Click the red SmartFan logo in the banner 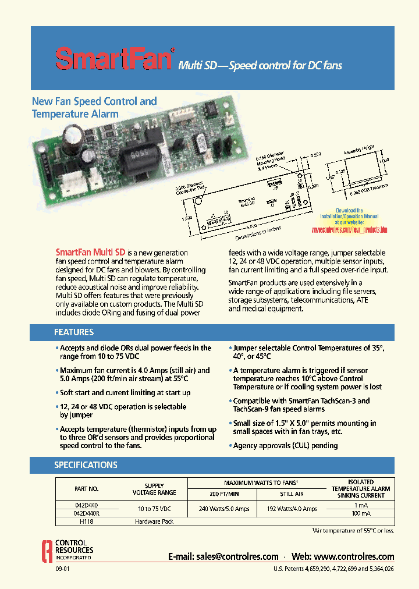(x=114, y=59)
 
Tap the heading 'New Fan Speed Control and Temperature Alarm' (x=94, y=108)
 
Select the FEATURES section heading (x=74, y=332)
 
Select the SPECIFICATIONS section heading (x=86, y=465)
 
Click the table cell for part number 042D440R (x=87, y=513)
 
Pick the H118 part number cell (x=87, y=522)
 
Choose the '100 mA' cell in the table (x=361, y=513)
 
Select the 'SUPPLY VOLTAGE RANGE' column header (x=154, y=489)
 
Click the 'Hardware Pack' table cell (x=154, y=522)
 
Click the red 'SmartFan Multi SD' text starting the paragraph (x=90, y=253)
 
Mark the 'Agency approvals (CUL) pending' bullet (x=285, y=445)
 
